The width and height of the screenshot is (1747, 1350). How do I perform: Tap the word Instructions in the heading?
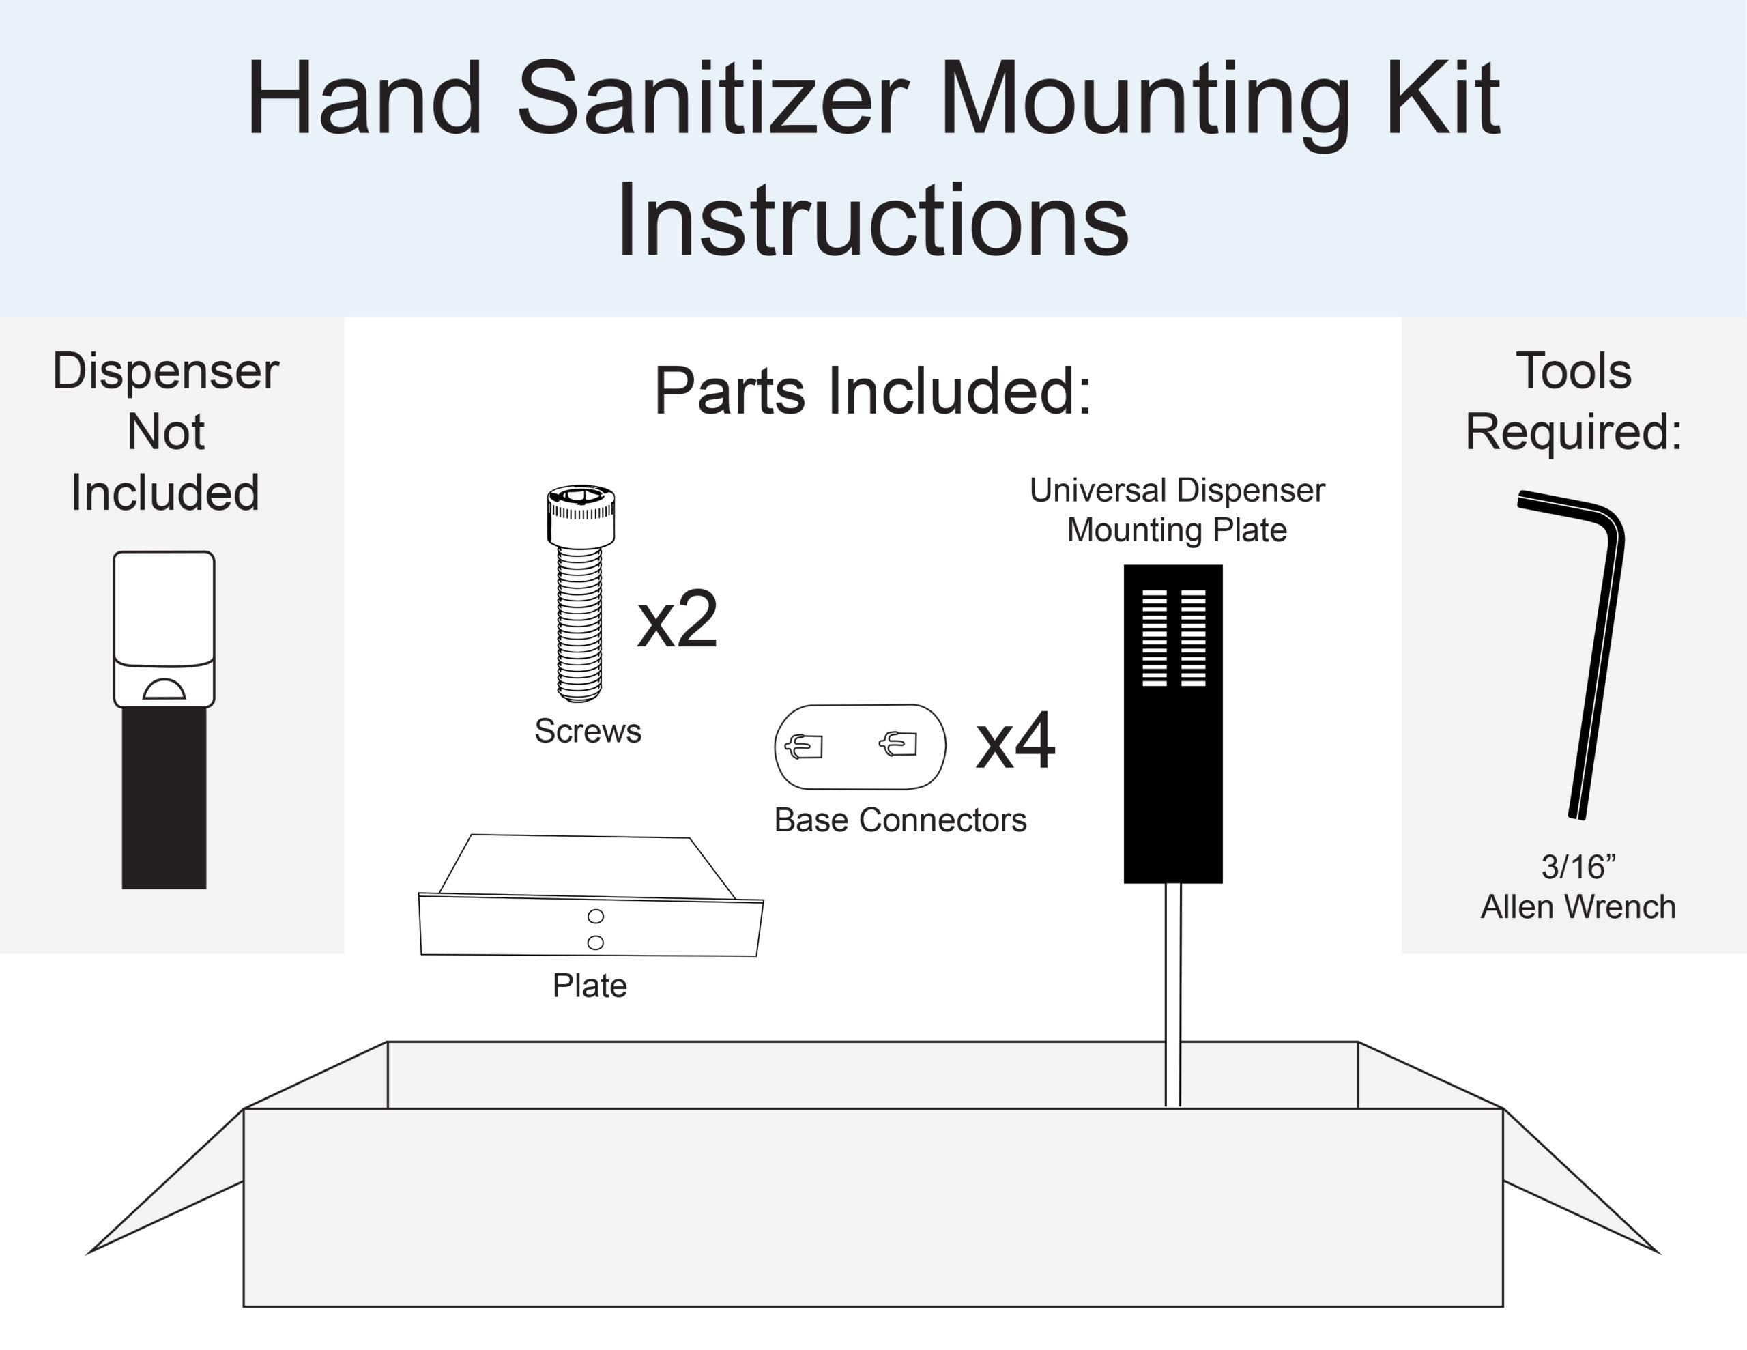point(872,220)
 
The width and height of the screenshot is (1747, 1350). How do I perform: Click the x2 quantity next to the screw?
point(677,620)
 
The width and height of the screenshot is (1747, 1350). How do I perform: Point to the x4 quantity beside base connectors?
point(1015,742)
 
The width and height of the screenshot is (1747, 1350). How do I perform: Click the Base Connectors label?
point(900,820)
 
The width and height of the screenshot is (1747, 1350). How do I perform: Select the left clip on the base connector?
point(804,746)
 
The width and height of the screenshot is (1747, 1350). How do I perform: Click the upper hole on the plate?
point(595,915)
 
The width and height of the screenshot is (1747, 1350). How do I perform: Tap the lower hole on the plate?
point(595,942)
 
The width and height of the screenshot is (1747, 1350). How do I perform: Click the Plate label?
point(590,985)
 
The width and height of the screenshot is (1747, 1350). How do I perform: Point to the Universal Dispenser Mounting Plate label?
point(1176,510)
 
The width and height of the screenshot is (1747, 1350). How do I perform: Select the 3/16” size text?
point(1578,867)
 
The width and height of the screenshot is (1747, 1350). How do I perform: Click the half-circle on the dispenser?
point(164,689)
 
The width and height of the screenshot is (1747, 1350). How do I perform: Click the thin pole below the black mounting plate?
point(1172,992)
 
